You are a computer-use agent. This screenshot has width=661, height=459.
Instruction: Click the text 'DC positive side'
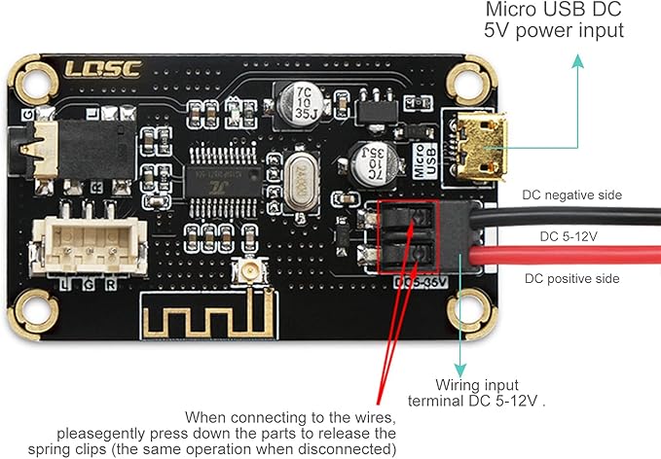570,279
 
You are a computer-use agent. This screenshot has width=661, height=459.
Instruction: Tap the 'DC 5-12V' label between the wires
569,236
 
